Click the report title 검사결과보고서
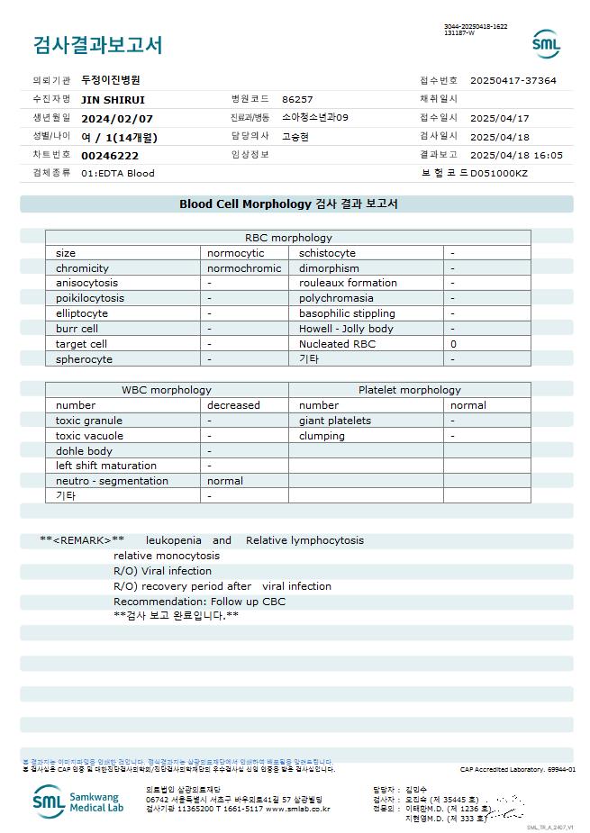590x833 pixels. tap(97, 45)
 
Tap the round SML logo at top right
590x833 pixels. tap(546, 44)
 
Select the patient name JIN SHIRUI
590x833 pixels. tap(113, 100)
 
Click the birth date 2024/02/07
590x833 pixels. tap(117, 118)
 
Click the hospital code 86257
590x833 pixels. tap(297, 100)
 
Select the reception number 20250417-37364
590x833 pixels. tap(513, 80)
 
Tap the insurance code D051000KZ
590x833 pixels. tap(499, 173)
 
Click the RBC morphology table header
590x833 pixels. tap(288, 238)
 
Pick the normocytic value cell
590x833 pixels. tap(235, 253)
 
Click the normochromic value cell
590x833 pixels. tap(244, 268)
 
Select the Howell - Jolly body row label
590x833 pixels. tap(346, 329)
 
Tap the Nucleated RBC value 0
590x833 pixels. tap(453, 344)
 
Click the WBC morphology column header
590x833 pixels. tap(167, 390)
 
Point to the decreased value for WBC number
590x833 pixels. tap(233, 405)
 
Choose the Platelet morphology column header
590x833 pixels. tap(409, 390)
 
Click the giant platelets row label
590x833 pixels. tap(334, 421)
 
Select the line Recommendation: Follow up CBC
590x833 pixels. tap(199, 602)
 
